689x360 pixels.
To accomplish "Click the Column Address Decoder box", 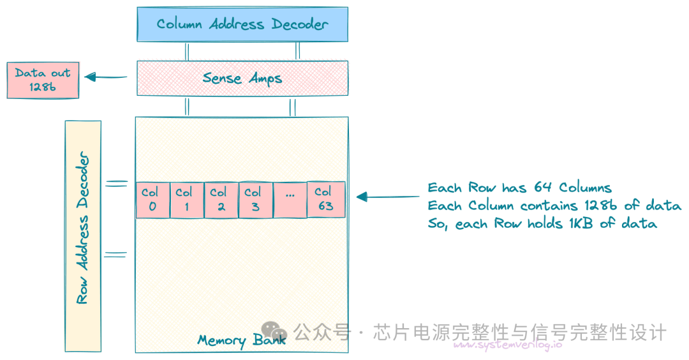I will (242, 24).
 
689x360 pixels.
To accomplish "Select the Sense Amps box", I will (242, 78).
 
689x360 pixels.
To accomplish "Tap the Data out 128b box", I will (43, 80).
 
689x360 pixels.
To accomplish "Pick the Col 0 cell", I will (152, 200).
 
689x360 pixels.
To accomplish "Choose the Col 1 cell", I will (187, 200).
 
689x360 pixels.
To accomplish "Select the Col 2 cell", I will (221, 200).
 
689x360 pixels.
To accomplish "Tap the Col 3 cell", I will (256, 200).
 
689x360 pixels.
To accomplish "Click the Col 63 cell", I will (325, 200).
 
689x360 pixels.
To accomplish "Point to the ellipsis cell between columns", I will (290, 200).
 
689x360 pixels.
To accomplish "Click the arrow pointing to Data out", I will (106, 77).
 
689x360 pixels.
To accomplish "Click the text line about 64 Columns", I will (519, 188).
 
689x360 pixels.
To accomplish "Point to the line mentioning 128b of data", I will (554, 206).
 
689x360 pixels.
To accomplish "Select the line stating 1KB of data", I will (542, 224).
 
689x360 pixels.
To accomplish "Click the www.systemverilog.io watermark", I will (508, 345).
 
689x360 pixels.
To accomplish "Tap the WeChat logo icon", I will (274, 331).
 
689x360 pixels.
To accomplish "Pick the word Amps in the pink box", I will (264, 79).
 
